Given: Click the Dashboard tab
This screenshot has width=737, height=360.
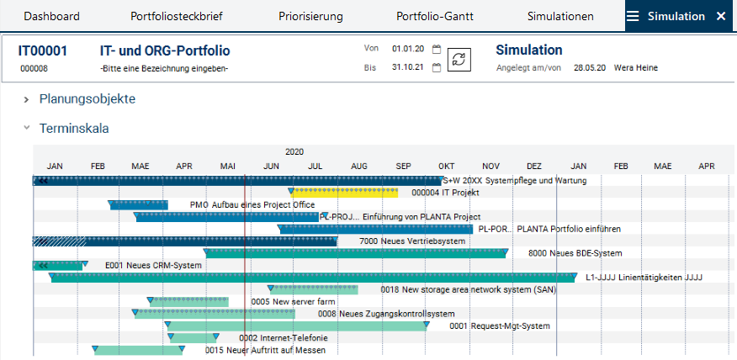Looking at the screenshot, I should pyautogui.click(x=51, y=16).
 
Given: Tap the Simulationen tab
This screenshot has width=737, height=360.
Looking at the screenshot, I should pyautogui.click(x=560, y=16).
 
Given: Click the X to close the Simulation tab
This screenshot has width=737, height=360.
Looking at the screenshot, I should pyautogui.click(x=720, y=16).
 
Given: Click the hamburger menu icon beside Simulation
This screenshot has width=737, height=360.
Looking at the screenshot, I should pyautogui.click(x=633, y=16).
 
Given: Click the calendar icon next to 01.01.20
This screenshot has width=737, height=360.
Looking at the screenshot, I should pyautogui.click(x=437, y=49).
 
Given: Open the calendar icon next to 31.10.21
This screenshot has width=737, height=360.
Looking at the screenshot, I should pyautogui.click(x=437, y=68).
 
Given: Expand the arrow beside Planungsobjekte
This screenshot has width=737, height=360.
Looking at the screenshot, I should pyautogui.click(x=26, y=99).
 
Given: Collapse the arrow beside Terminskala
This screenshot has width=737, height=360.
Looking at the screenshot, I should pyautogui.click(x=26, y=129).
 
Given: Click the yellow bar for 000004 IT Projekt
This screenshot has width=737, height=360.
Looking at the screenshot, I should pyautogui.click(x=345, y=193).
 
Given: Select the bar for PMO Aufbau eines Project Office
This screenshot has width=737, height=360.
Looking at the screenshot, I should pyautogui.click(x=139, y=204).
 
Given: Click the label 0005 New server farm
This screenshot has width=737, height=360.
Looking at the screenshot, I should pyautogui.click(x=293, y=301).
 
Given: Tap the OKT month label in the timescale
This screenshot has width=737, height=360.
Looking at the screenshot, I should pyautogui.click(x=447, y=167).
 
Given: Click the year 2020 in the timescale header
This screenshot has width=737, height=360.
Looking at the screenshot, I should pyautogui.click(x=294, y=152).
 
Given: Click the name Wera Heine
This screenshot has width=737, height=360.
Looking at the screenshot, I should pyautogui.click(x=636, y=68).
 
